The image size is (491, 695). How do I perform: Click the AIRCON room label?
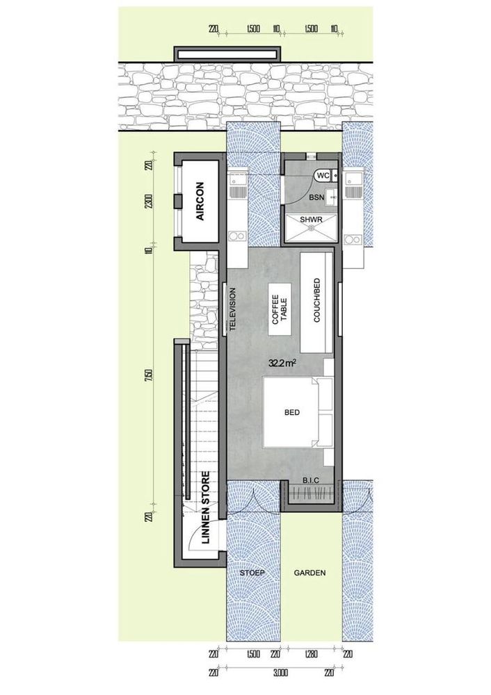(x=200, y=201)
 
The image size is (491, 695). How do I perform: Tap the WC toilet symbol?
(x=323, y=177)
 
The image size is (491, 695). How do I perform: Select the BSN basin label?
(x=318, y=197)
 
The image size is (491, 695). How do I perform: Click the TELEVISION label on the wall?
(x=233, y=310)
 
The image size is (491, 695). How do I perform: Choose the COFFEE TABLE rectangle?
(x=280, y=310)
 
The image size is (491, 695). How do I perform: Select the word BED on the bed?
(x=291, y=412)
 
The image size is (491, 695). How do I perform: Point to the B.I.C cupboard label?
(x=310, y=480)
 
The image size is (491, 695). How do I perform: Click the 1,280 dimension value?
(x=310, y=654)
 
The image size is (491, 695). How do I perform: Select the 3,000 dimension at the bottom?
(x=280, y=673)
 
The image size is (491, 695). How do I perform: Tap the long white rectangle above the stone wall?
(x=229, y=54)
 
